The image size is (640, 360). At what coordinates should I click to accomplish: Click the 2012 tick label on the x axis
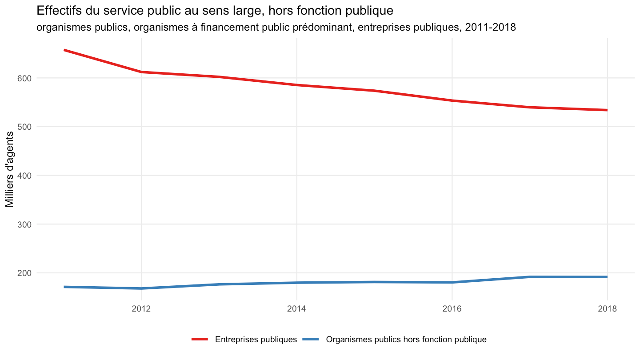(x=141, y=308)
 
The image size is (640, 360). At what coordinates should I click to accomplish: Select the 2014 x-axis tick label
(x=296, y=308)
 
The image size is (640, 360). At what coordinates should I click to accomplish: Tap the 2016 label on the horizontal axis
(x=452, y=308)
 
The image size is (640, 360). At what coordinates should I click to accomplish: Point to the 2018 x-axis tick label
(x=608, y=308)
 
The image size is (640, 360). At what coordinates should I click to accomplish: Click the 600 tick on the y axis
(x=24, y=78)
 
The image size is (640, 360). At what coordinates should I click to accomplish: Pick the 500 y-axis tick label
(x=24, y=127)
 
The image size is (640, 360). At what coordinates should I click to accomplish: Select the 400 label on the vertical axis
(x=24, y=176)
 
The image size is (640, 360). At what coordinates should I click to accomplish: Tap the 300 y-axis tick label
(x=24, y=224)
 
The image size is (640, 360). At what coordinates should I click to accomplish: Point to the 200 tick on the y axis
(x=24, y=273)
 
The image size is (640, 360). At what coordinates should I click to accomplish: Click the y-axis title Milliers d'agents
(x=9, y=169)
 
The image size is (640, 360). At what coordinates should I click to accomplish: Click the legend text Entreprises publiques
(x=256, y=340)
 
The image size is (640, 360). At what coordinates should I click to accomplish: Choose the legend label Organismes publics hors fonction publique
(x=406, y=340)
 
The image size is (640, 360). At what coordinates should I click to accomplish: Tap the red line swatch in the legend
(x=200, y=339)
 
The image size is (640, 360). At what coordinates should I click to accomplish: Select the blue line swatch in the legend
(x=311, y=339)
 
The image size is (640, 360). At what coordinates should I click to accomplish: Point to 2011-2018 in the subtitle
(x=490, y=28)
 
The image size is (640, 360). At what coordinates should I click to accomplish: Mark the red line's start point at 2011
(x=64, y=50)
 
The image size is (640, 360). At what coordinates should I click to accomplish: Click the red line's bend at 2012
(x=141, y=72)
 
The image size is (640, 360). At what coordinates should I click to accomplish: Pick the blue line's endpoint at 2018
(x=607, y=277)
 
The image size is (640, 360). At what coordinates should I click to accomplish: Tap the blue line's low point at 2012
(x=141, y=288)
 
